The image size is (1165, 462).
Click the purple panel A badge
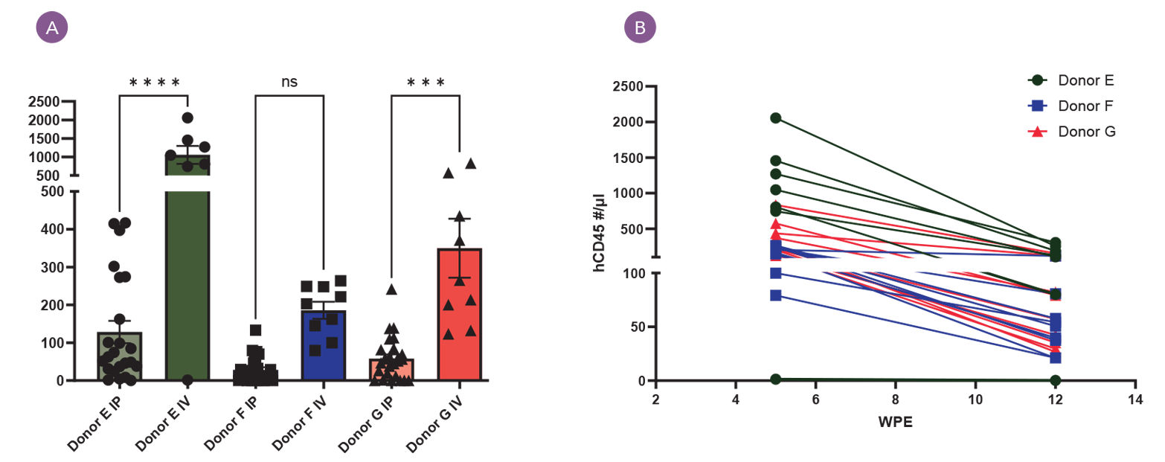(x=52, y=28)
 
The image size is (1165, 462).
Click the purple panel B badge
(x=640, y=28)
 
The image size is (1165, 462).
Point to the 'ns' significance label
(x=289, y=82)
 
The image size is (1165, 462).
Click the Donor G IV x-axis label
(x=437, y=420)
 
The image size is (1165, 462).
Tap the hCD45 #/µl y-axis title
(x=599, y=231)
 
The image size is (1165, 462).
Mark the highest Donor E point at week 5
(x=775, y=118)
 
